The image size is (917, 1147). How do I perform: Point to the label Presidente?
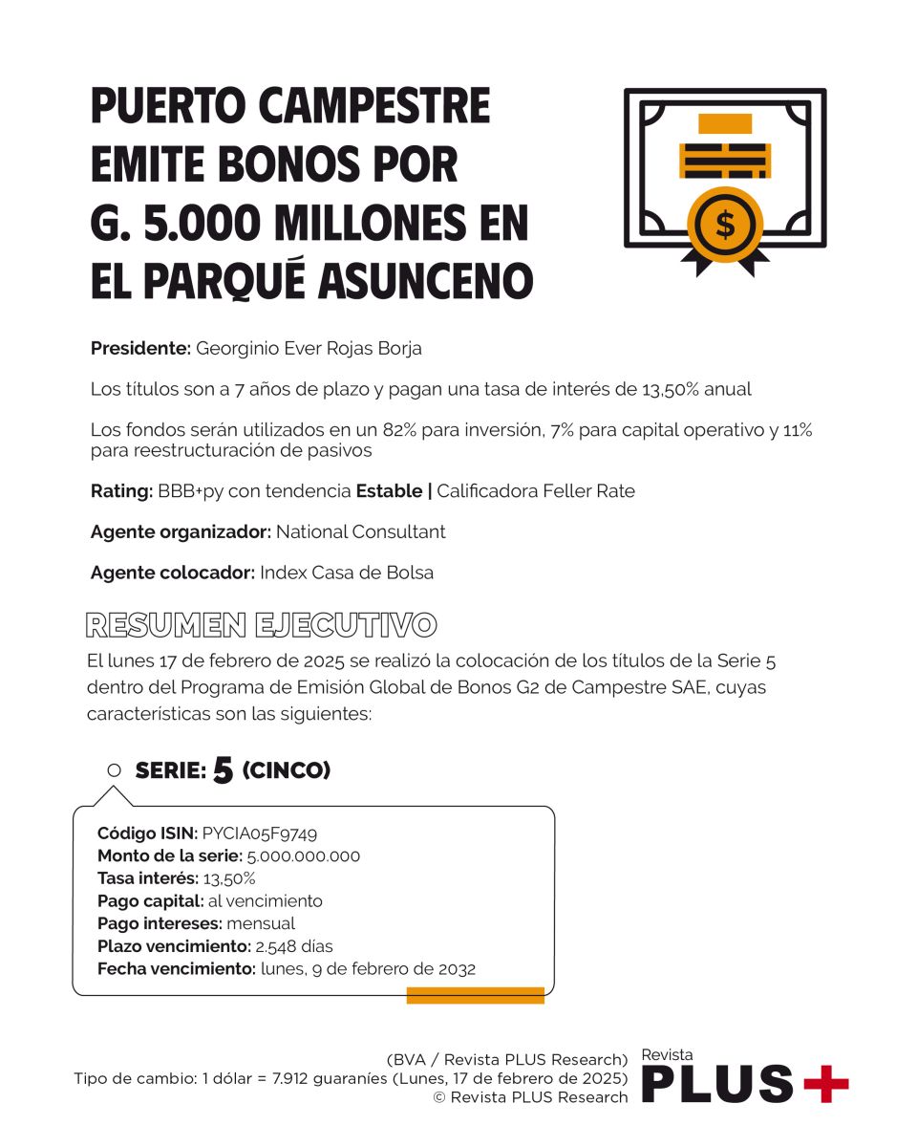[x=140, y=349]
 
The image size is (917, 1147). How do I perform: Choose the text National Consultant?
[x=360, y=531]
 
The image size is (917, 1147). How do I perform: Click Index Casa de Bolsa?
[x=347, y=573]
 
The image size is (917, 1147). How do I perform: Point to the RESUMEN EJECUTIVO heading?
[x=261, y=625]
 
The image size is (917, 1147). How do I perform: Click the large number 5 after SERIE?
[x=224, y=770]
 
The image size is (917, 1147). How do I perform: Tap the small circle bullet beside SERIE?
[x=115, y=770]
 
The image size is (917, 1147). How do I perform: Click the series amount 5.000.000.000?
[x=304, y=856]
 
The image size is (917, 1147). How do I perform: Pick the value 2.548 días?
[x=293, y=946]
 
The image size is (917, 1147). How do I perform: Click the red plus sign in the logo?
[x=824, y=1083]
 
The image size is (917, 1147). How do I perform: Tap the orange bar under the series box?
[x=475, y=996]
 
